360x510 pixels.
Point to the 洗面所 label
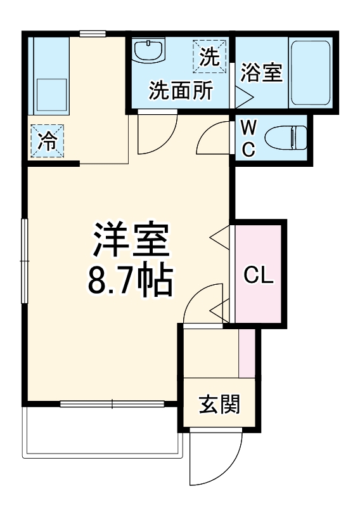coord(181,91)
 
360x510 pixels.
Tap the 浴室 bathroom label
coord(261,73)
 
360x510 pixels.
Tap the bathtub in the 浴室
coord(310,73)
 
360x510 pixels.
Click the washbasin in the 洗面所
coord(150,50)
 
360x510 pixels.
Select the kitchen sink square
coord(50,95)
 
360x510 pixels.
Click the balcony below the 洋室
coord(101,431)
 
